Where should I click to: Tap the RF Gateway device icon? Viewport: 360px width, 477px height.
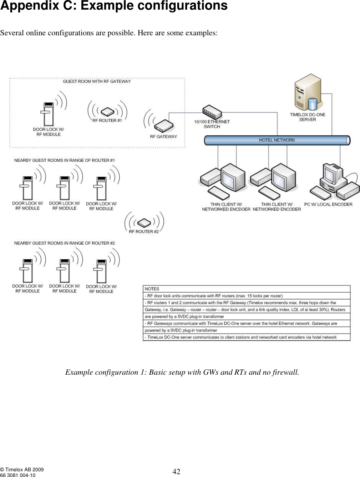[163, 126]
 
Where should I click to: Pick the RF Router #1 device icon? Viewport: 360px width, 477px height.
[107, 112]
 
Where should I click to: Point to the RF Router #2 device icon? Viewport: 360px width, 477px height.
[144, 223]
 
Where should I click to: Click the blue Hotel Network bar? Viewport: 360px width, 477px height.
[277, 140]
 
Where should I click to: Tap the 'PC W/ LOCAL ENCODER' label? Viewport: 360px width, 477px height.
[328, 205]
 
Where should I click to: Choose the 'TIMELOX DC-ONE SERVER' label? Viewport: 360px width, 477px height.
[308, 117]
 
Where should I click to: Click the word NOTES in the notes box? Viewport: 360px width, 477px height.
[152, 289]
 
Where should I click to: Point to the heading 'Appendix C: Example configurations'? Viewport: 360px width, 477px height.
[114, 6]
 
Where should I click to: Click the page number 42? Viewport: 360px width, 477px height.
[176, 472]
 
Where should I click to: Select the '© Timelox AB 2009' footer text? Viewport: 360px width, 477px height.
[22, 470]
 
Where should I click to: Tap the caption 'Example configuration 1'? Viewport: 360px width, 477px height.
[182, 373]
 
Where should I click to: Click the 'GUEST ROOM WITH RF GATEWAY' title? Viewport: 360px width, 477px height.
[97, 82]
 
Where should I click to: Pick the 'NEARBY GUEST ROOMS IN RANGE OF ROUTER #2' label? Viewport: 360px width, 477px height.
[65, 243]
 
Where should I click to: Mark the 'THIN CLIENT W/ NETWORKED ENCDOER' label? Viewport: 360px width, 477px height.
[226, 207]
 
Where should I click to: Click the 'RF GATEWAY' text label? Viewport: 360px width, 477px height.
[163, 137]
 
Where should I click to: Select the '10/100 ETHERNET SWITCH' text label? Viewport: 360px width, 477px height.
[212, 124]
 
